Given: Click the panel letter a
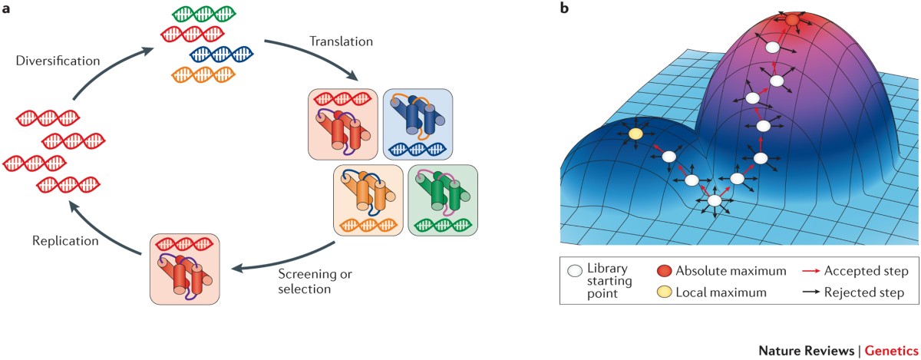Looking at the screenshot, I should tap(6, 8).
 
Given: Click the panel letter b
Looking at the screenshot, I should tap(566, 8).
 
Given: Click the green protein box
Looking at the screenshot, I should tap(443, 200).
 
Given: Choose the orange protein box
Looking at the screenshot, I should tap(368, 200).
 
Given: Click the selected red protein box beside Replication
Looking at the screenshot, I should tap(185, 268).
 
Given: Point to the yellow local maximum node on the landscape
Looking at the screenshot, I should tap(635, 134).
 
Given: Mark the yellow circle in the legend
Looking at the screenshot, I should tap(667, 292).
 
